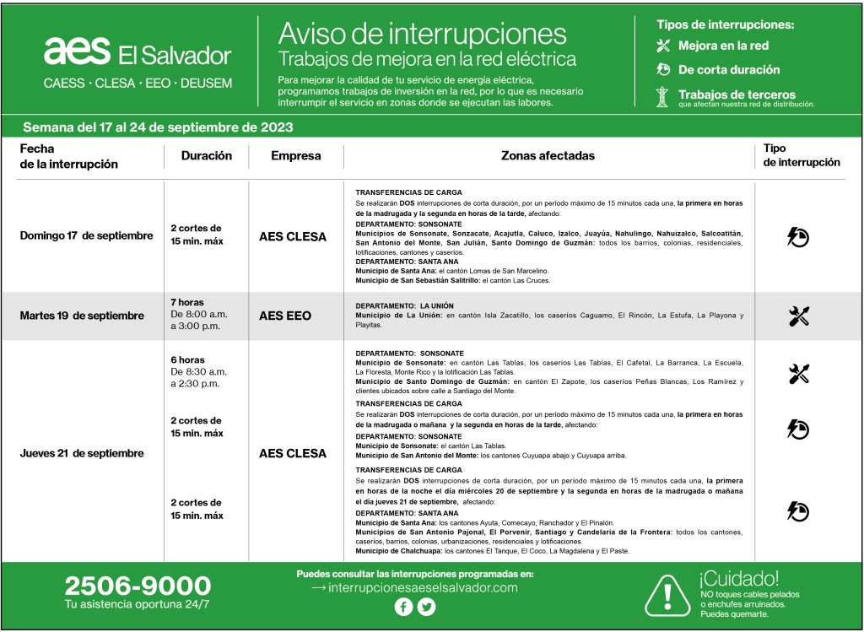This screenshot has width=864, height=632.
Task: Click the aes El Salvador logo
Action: click(137, 53)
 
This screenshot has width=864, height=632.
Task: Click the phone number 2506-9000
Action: click(138, 585)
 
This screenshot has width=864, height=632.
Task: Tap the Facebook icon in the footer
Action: click(403, 607)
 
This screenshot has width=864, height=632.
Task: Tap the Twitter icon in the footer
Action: click(426, 607)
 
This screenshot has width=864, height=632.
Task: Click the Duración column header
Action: click(206, 156)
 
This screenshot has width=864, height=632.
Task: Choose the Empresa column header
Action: click(295, 156)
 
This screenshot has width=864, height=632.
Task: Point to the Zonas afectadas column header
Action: click(548, 156)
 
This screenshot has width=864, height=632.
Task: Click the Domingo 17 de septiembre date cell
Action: click(86, 236)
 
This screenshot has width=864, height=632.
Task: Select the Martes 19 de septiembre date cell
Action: click(82, 316)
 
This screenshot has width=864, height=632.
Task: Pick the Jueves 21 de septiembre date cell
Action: click(82, 453)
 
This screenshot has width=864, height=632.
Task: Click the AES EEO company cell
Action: click(284, 316)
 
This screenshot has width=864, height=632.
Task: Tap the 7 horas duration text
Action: click(186, 302)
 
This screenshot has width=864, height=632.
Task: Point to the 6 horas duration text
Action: click(186, 360)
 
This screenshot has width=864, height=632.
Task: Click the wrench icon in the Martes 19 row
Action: click(798, 316)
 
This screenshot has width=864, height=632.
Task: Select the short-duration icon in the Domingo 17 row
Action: click(798, 237)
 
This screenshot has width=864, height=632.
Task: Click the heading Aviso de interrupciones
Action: click(422, 34)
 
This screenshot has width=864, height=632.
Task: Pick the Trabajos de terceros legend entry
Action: click(736, 95)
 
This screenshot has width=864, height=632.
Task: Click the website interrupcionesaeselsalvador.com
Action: click(414, 587)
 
